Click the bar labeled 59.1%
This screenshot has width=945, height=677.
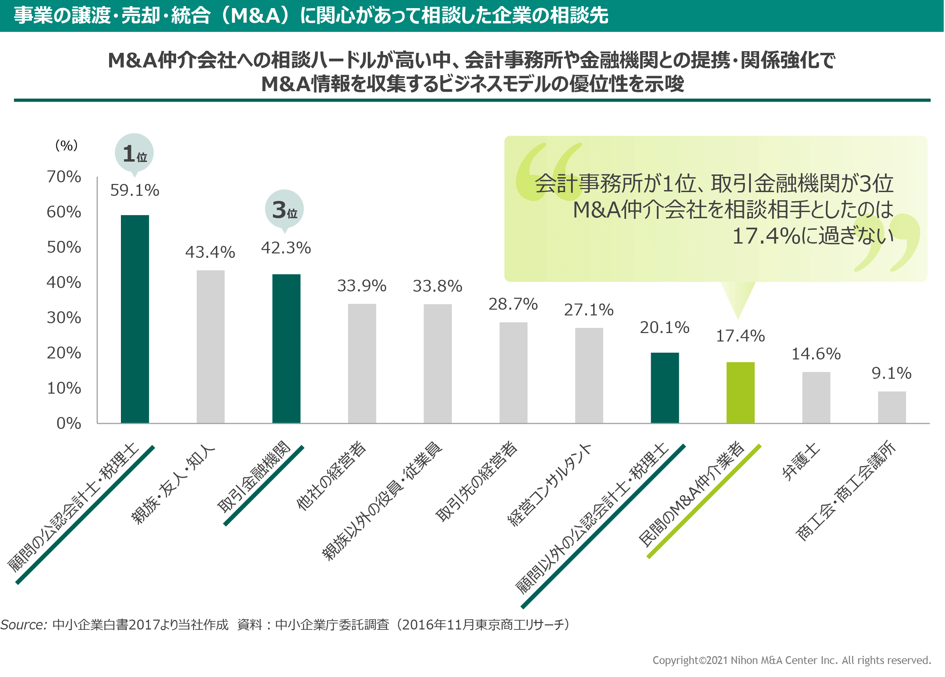point(134,319)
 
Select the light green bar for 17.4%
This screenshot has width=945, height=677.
point(740,392)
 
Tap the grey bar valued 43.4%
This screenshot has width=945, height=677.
point(210,346)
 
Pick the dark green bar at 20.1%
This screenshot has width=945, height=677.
point(664,388)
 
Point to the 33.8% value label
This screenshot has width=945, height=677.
point(437,287)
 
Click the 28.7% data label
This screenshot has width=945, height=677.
point(513,304)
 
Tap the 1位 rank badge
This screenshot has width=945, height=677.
point(134,153)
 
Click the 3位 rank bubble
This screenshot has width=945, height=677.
point(284,209)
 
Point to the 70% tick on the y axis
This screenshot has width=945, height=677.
point(64,177)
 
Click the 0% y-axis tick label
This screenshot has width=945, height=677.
point(69,424)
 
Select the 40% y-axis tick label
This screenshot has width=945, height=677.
point(64,282)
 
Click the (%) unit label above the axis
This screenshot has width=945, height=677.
point(67,146)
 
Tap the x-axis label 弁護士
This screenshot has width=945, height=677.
point(800,462)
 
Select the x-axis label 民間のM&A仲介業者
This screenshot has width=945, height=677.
point(691,494)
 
